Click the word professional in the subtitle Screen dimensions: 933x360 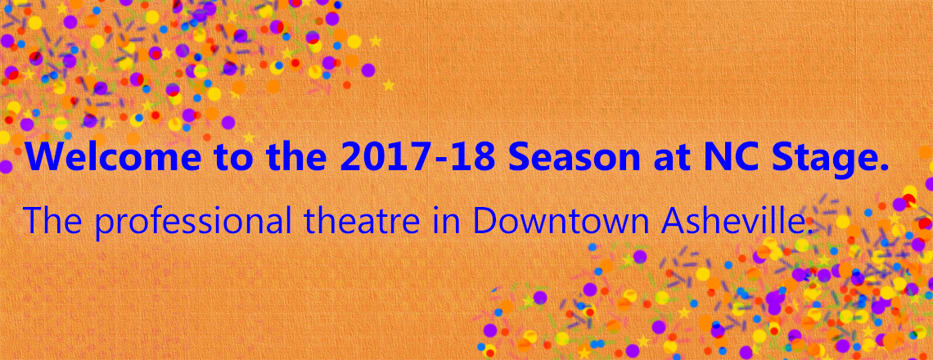[x=193, y=222]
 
